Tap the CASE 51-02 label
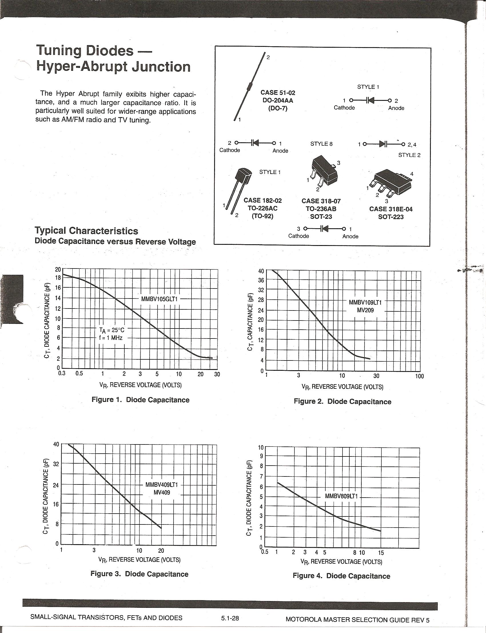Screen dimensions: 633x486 pyautogui.click(x=278, y=93)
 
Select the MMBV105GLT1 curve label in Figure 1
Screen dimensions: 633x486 pyautogui.click(x=159, y=299)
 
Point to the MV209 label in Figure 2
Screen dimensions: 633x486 pyautogui.click(x=365, y=311)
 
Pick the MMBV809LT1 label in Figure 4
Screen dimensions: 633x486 pyautogui.click(x=341, y=496)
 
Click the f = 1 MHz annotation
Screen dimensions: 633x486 pyautogui.click(x=111, y=338)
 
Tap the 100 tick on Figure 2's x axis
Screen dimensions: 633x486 pyautogui.click(x=419, y=376)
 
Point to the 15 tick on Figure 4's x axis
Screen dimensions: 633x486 pyautogui.click(x=381, y=553)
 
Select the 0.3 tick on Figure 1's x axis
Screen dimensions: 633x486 pyautogui.click(x=62, y=373)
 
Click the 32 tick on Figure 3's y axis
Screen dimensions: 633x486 pyautogui.click(x=56, y=464)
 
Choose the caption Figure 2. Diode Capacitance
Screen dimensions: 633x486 pyautogui.click(x=342, y=401)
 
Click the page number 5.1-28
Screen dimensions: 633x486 pyautogui.click(x=230, y=618)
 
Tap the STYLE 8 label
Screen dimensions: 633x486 pyautogui.click(x=321, y=144)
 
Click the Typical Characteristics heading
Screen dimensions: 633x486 pyautogui.click(x=87, y=231)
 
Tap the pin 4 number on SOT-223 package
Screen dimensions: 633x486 pyautogui.click(x=412, y=174)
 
